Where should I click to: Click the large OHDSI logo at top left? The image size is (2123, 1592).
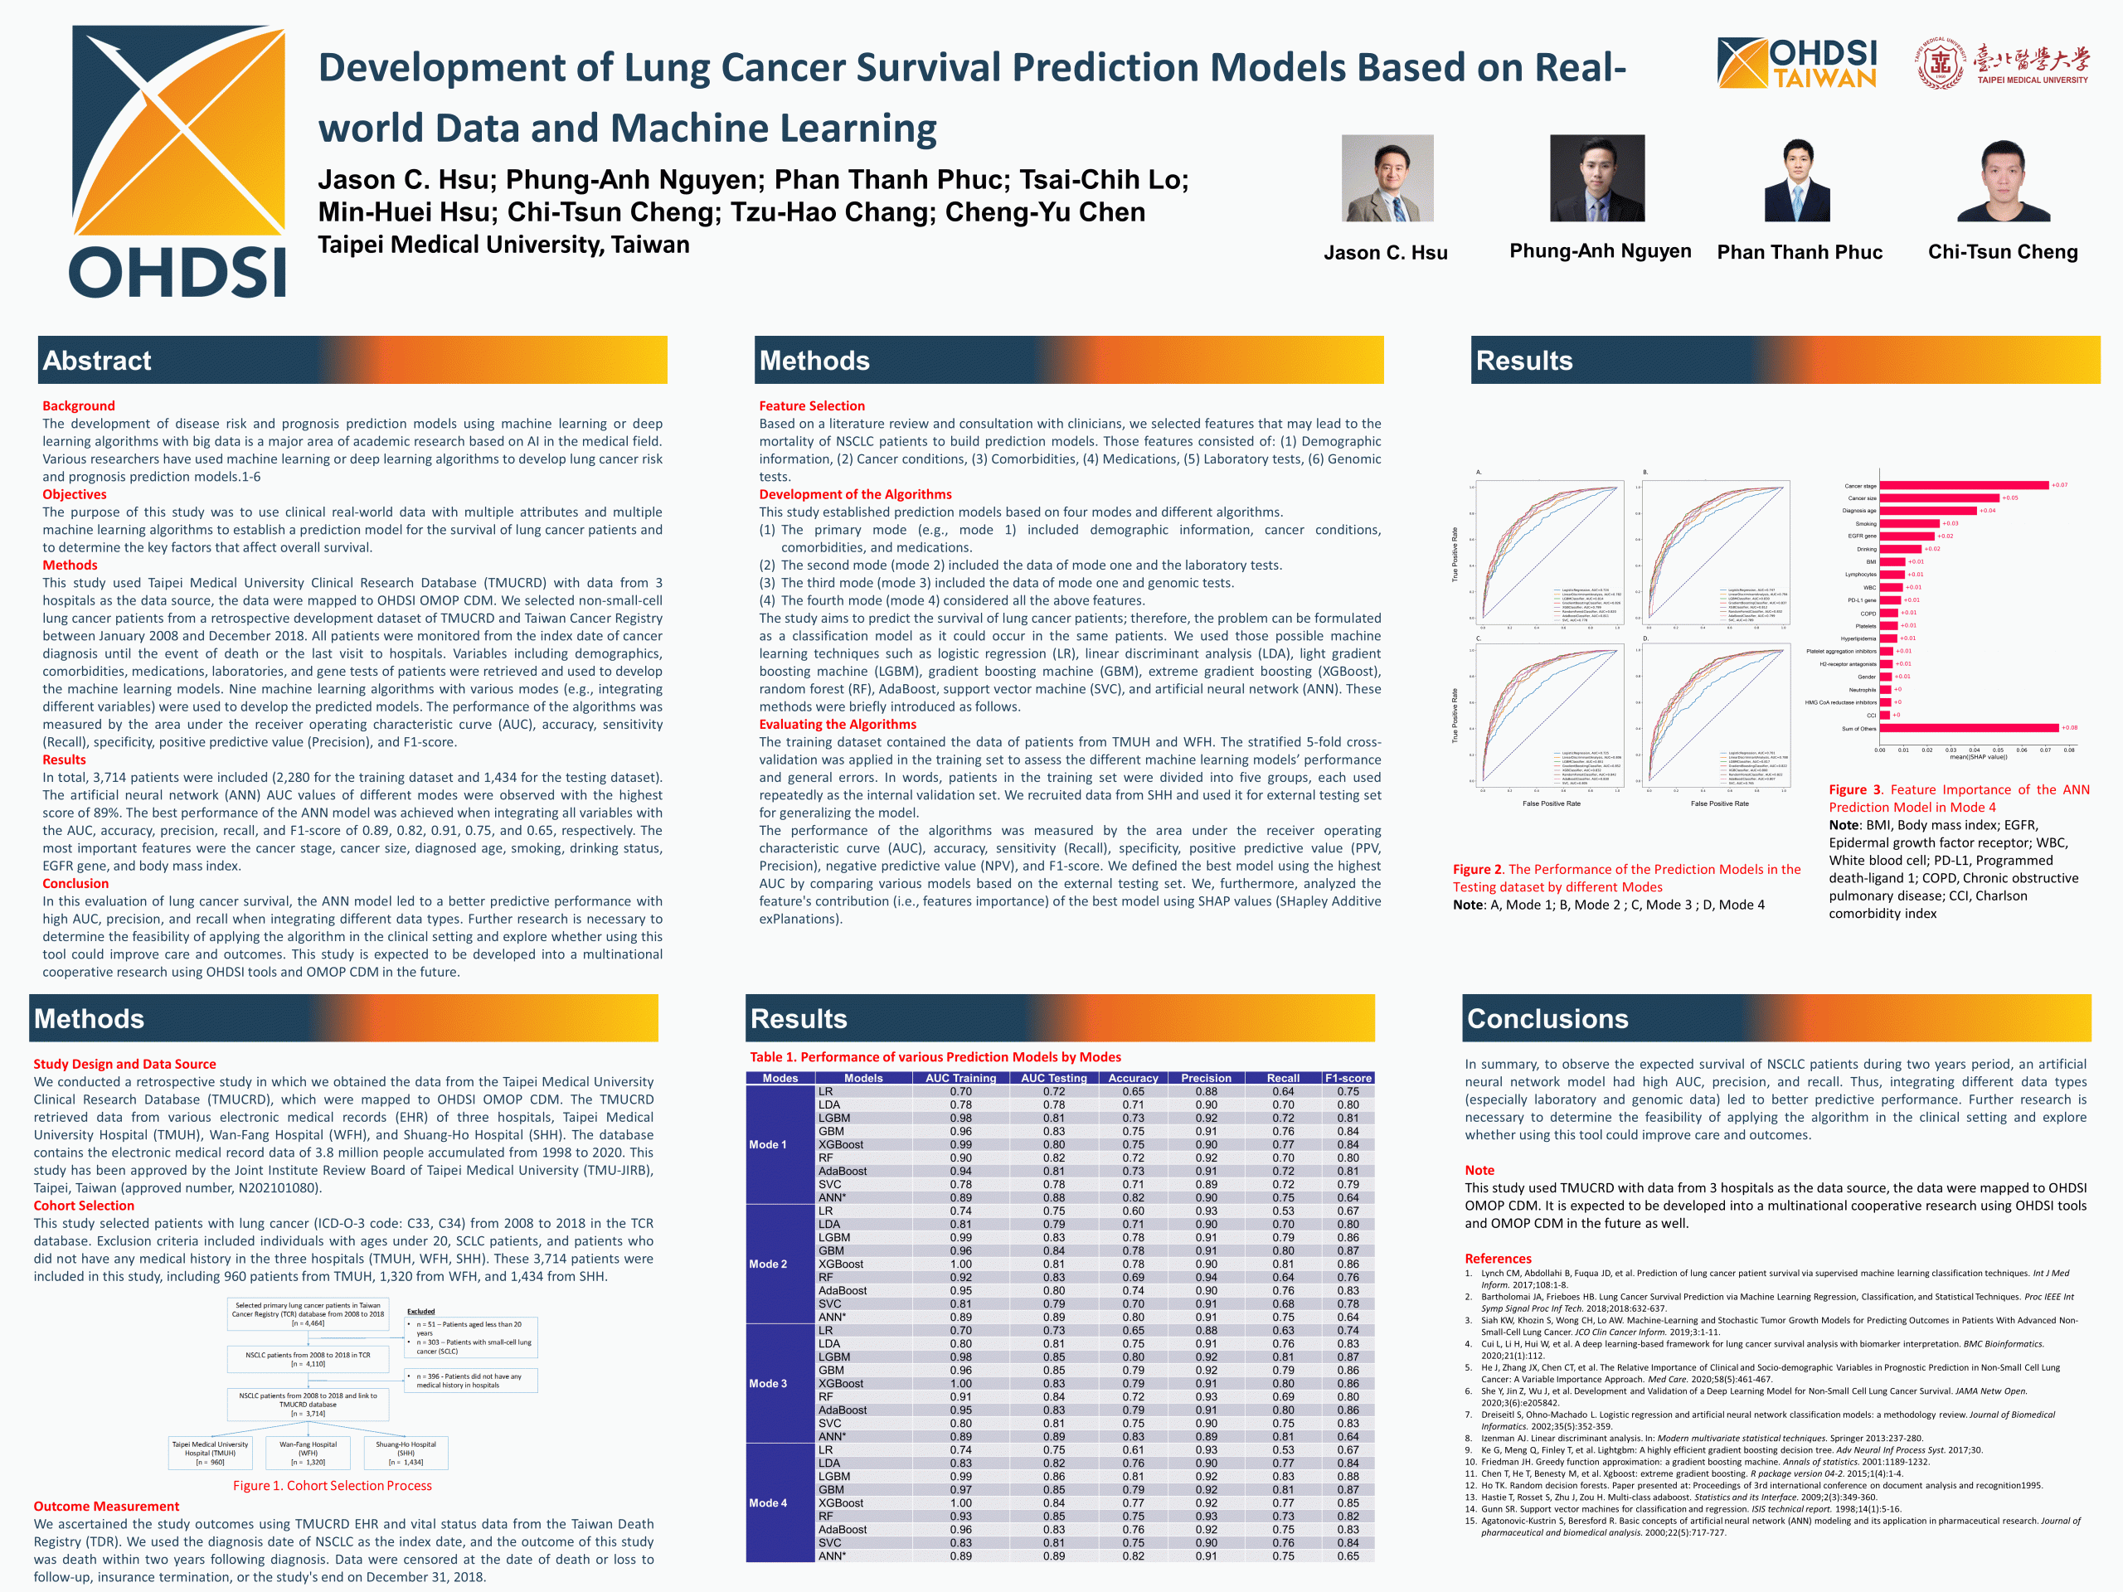coord(177,161)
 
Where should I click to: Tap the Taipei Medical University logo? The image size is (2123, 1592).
coord(2001,66)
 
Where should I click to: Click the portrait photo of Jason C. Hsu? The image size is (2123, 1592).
coord(1387,178)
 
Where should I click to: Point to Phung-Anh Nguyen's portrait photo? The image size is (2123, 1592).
coord(1596,178)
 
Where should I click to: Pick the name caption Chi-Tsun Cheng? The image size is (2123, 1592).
coord(2002,252)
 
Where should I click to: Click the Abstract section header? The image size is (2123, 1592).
coord(97,361)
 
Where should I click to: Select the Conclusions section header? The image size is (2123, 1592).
coord(1547,1019)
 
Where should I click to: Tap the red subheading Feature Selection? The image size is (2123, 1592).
coord(811,406)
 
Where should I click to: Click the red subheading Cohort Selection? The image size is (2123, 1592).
coord(84,1206)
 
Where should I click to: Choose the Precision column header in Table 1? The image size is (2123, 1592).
coord(1206,1078)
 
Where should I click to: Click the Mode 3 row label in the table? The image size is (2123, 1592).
coord(768,1384)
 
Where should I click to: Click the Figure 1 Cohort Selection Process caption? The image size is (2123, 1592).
coord(332,1486)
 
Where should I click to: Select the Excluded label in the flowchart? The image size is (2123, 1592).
coord(420,1311)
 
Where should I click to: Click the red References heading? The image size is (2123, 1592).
coord(1497,1258)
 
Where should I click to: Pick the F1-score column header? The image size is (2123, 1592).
coord(1348,1078)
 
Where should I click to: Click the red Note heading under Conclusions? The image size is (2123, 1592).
coord(1479,1170)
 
